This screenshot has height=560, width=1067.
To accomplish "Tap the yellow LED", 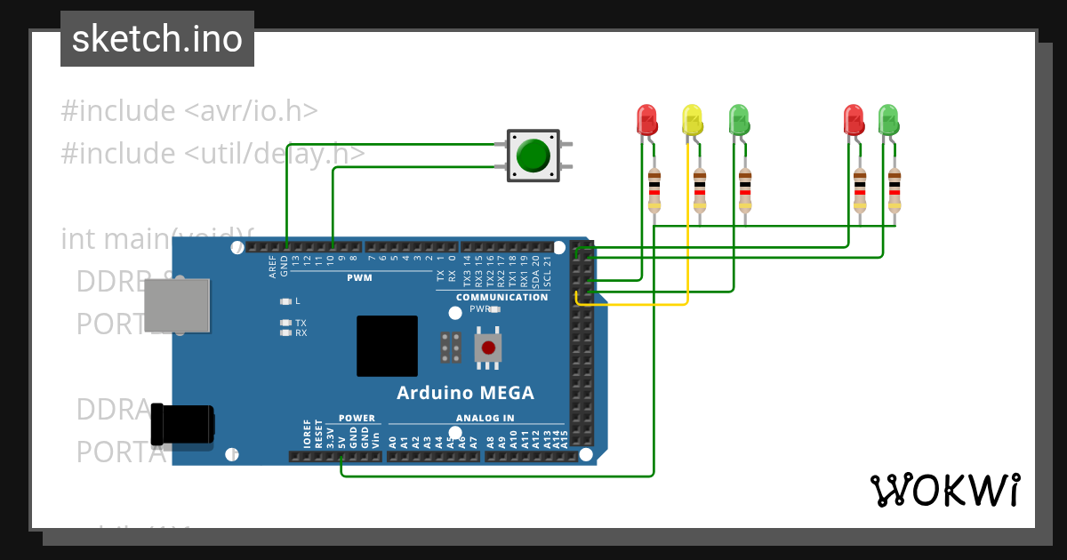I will (692, 119).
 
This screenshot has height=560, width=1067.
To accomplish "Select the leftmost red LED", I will (646, 119).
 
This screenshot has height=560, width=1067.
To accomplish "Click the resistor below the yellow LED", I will (700, 190).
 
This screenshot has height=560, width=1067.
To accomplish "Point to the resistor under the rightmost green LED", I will (894, 190).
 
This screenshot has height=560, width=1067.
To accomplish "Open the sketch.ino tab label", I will (157, 39).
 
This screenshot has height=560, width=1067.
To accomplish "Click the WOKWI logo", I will (944, 490).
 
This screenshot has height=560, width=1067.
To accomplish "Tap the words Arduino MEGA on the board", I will (465, 393).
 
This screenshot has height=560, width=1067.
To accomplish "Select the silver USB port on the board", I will (177, 305).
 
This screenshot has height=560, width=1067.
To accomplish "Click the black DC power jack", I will (182, 424).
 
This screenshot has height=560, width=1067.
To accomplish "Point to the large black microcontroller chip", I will (387, 346).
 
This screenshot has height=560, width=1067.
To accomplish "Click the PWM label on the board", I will (359, 278).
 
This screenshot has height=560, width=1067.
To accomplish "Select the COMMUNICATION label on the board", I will (501, 297).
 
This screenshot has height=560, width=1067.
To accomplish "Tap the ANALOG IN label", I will (485, 418).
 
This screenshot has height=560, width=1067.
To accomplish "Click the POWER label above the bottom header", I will (357, 418).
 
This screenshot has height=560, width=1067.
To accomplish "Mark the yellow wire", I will (688, 222).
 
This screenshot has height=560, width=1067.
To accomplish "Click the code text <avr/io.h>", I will (251, 111).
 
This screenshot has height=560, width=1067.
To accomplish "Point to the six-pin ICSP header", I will (451, 348).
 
